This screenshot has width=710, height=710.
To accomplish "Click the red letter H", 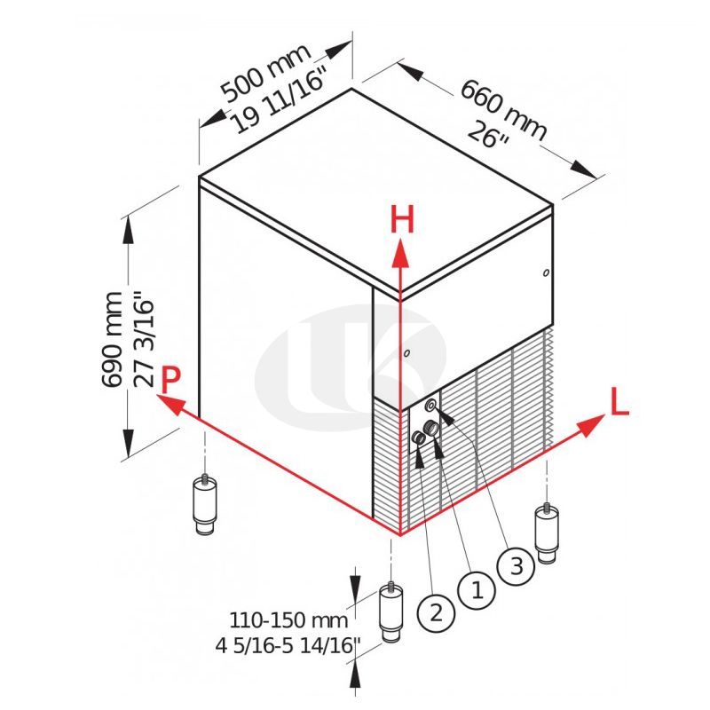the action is tap(402, 218).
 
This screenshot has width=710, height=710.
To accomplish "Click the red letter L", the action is tap(619, 401).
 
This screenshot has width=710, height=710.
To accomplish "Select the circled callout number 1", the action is tap(477, 590).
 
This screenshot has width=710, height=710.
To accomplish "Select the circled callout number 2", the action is tap(436, 613).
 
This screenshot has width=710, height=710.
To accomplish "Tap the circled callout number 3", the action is tap(517, 566).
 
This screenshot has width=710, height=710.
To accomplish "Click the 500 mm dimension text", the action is tap(265, 73).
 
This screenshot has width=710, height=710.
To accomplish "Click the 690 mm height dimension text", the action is tap(112, 340).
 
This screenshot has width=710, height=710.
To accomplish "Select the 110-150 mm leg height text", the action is tap(288, 620).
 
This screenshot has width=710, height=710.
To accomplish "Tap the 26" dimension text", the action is tap(489, 136).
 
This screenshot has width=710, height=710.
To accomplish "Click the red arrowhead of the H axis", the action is tap(400, 253).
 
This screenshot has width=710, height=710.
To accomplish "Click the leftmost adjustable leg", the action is tap(205, 503).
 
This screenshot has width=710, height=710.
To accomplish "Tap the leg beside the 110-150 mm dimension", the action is tap(390, 612).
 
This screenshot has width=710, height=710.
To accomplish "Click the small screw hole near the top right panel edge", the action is tap(546, 272).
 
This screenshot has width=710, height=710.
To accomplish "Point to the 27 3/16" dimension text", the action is tap(145, 339).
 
